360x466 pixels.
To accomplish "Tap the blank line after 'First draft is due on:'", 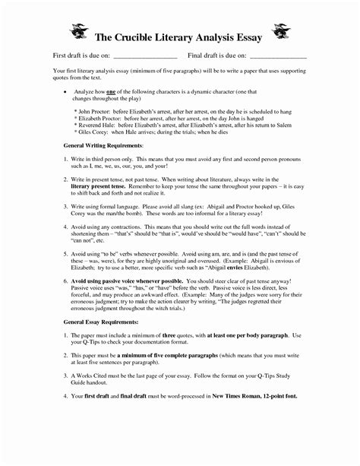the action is click(144, 57).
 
